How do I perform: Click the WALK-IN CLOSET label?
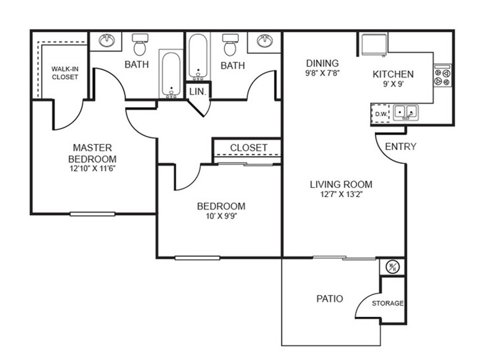(x=65, y=73)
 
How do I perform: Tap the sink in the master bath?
(x=107, y=40)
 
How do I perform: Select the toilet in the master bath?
(x=140, y=44)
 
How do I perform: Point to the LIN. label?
(x=198, y=91)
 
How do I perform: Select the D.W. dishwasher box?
(x=380, y=114)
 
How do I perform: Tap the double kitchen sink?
(x=406, y=112)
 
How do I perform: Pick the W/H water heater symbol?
(x=393, y=267)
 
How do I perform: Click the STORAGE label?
(x=388, y=303)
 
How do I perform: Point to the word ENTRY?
(x=400, y=146)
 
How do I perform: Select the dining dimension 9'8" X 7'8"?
(x=323, y=73)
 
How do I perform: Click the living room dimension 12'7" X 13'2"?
(x=341, y=194)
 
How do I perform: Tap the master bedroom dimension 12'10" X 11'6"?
(x=92, y=169)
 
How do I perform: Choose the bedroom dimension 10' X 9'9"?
(x=221, y=216)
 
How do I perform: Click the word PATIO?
(x=329, y=298)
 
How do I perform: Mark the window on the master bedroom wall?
(x=92, y=214)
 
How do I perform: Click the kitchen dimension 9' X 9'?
(x=393, y=84)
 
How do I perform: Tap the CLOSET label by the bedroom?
(x=248, y=148)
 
